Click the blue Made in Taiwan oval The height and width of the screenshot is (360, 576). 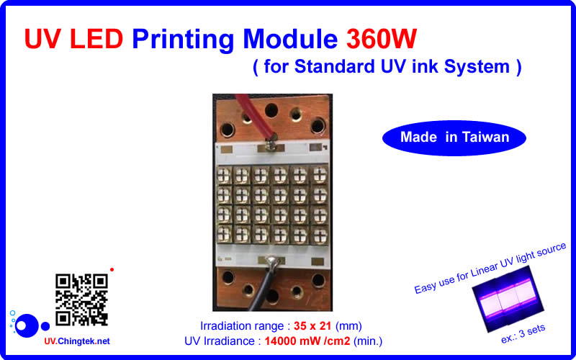tap(454, 137)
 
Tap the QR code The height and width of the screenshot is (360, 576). tap(81, 298)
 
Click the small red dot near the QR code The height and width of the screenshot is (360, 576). tap(112, 269)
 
